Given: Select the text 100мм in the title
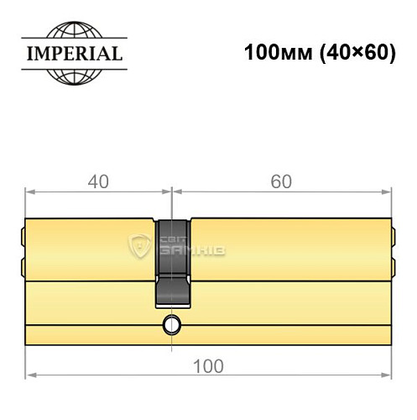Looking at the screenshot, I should point(270,53).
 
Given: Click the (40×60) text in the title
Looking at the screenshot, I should point(344,53).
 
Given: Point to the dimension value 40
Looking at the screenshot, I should point(97,178).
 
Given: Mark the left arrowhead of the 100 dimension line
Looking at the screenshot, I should point(30,374).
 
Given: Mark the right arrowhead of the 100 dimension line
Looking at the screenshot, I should point(388,374).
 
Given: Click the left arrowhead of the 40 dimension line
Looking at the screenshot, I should point(30,191).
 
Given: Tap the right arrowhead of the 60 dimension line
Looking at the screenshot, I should point(388,191).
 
